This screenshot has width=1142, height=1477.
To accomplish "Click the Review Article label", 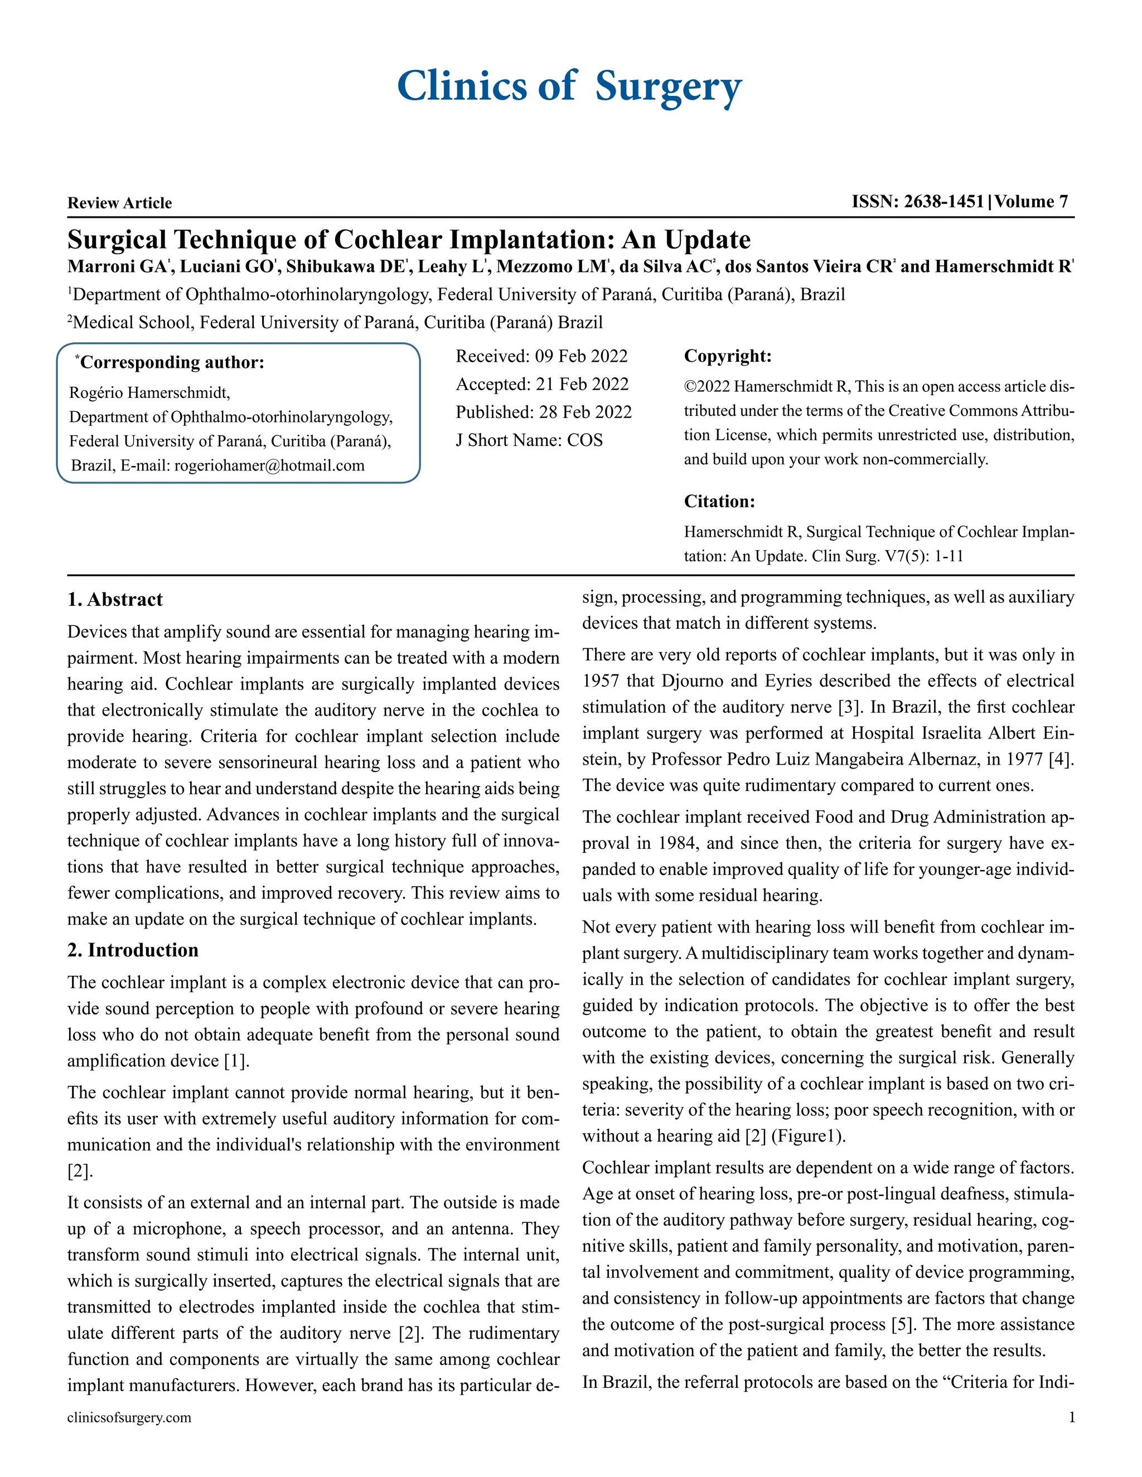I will point(120,203).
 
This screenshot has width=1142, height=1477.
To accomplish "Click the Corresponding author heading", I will point(172,362).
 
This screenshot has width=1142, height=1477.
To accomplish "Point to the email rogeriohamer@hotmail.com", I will point(269,465).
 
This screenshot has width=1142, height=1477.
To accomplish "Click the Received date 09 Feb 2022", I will point(580,356).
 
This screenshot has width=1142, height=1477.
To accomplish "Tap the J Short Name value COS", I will point(584,440).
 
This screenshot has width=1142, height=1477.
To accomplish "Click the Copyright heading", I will point(727,356).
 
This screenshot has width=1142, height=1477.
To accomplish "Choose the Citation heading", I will point(719,501).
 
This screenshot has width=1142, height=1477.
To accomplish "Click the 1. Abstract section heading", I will point(115,599).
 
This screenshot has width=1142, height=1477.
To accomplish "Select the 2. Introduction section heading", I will point(133,950).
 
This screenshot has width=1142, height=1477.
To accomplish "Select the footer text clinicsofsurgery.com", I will point(129,1417).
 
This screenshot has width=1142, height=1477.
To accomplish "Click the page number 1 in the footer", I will point(1071,1417).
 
